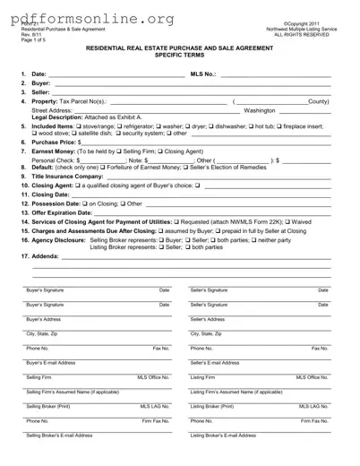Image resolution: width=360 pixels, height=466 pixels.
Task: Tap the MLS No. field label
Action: (x=205, y=74)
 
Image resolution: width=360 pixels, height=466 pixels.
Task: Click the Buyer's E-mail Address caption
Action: (x=52, y=362)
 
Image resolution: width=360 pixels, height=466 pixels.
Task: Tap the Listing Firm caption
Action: (x=203, y=377)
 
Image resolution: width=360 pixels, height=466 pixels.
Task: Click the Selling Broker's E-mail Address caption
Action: (x=59, y=435)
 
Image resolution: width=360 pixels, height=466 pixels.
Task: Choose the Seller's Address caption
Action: (x=207, y=319)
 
